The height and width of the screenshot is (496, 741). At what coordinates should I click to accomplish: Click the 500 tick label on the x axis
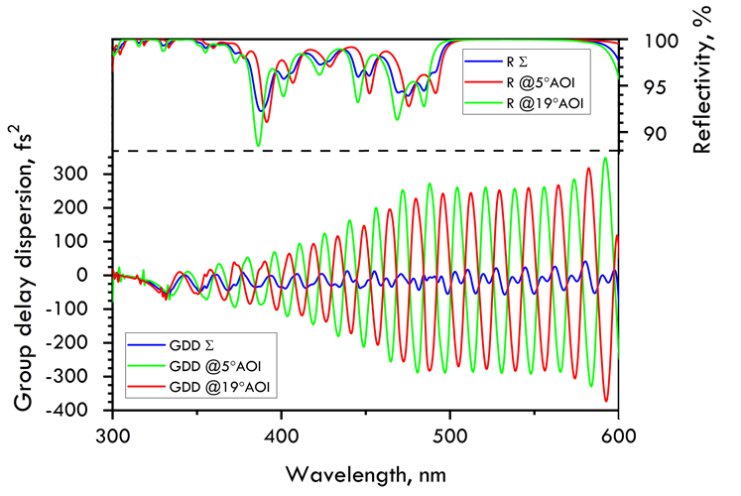click(x=450, y=434)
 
